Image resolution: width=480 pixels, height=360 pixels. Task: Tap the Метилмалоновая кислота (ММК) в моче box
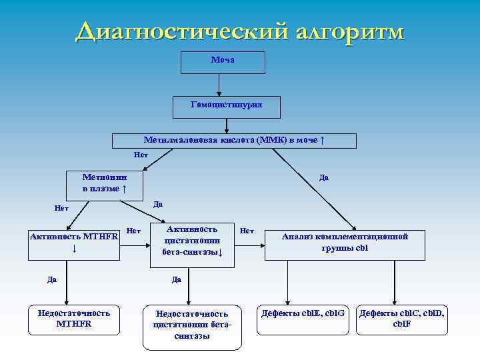point(234,141)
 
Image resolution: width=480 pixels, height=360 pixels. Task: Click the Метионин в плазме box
point(105,183)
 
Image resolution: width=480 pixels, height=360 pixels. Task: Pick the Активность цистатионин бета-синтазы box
point(192,244)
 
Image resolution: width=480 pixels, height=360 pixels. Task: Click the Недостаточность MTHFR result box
point(74,319)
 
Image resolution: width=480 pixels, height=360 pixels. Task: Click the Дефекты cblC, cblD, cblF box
point(402,319)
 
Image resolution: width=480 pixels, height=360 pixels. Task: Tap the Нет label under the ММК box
point(141,155)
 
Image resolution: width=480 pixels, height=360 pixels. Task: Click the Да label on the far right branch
point(323,177)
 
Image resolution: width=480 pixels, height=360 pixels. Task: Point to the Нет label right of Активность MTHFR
point(133,231)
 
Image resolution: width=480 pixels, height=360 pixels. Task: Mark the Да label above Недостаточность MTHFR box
point(52,279)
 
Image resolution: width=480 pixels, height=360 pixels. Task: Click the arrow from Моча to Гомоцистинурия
point(219,85)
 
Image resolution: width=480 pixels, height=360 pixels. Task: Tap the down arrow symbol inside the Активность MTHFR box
point(74,249)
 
